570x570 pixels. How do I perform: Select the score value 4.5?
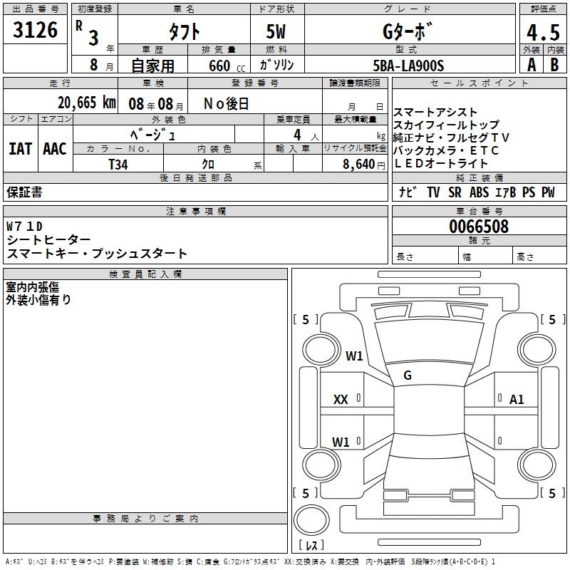click(x=543, y=33)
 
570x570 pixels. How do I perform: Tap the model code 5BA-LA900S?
click(x=408, y=66)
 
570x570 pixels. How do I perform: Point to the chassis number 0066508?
click(x=479, y=227)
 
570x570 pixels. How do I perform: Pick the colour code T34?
click(x=118, y=164)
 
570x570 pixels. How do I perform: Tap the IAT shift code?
click(x=20, y=149)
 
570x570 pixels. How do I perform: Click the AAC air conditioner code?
click(x=55, y=149)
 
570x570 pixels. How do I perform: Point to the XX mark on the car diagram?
click(x=341, y=400)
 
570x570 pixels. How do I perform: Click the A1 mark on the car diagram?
click(x=517, y=400)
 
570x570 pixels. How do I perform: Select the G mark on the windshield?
click(x=408, y=375)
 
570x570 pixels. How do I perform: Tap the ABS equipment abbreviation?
click(x=479, y=192)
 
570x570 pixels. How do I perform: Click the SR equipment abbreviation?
click(x=455, y=192)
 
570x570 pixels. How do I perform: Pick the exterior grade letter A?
click(x=531, y=66)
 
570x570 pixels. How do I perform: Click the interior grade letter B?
click(x=554, y=66)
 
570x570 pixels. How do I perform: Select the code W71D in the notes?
click(x=25, y=227)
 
